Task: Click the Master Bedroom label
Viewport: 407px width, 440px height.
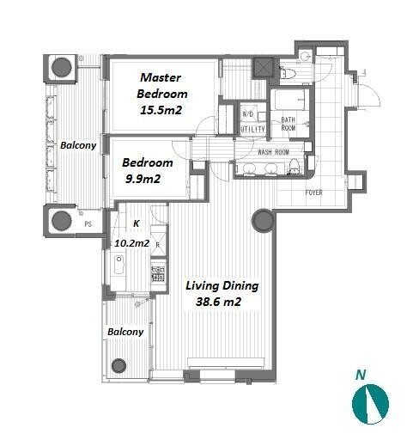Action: pyautogui.click(x=162, y=86)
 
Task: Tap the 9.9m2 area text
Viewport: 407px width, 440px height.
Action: pyautogui.click(x=143, y=180)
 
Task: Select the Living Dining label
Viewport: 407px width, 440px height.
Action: pyautogui.click(x=222, y=285)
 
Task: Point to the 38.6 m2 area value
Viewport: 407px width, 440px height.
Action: pyautogui.click(x=218, y=302)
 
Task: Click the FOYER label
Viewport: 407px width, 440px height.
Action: pyautogui.click(x=313, y=192)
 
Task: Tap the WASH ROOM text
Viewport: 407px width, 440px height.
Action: pyautogui.click(x=273, y=152)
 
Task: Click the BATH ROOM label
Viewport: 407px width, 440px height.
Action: pyautogui.click(x=289, y=124)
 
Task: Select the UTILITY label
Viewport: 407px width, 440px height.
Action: pyautogui.click(x=252, y=129)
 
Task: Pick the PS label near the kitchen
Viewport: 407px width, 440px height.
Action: pyautogui.click(x=88, y=224)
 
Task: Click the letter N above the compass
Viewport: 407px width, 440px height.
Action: pyautogui.click(x=361, y=375)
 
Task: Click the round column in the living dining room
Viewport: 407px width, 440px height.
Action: pyautogui.click(x=263, y=221)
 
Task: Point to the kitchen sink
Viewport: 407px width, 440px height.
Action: pyautogui.click(x=118, y=264)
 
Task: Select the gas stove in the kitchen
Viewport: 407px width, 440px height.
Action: pyautogui.click(x=158, y=273)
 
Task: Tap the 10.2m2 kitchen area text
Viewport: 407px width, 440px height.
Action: pyautogui.click(x=132, y=243)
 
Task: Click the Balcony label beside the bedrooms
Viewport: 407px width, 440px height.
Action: pyautogui.click(x=78, y=145)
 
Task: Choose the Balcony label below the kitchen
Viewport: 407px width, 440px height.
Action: pyautogui.click(x=125, y=332)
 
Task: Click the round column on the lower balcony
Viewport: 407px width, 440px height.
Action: pyautogui.click(x=118, y=365)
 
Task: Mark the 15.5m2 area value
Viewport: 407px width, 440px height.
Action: pyautogui.click(x=161, y=111)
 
